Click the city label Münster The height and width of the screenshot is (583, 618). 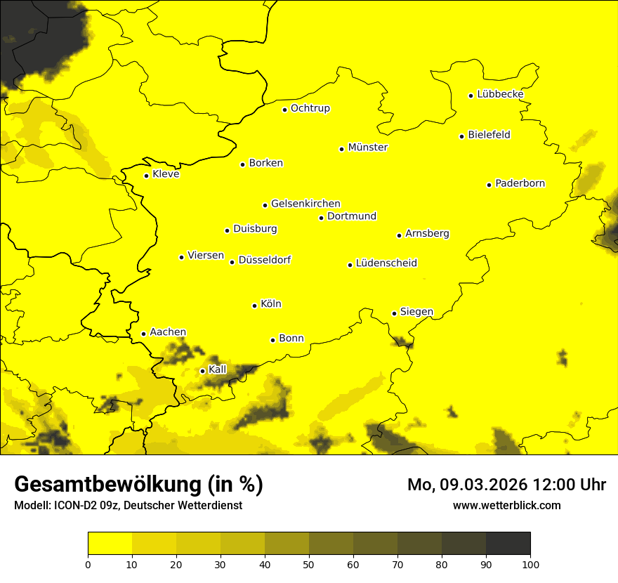tap(368, 148)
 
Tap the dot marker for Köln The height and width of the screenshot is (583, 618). tap(255, 306)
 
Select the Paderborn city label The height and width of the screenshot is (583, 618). tap(520, 183)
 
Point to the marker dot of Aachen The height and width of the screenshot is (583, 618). tap(144, 334)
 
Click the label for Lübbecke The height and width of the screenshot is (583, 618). tap(501, 94)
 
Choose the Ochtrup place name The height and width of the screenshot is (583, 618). tap(310, 108)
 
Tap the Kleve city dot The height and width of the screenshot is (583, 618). tap(147, 176)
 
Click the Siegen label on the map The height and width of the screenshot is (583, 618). tap(416, 312)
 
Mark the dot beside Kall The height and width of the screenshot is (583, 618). tap(203, 371)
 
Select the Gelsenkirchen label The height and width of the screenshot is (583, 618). tap(305, 204)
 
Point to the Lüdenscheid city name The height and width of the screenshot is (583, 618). tap(386, 263)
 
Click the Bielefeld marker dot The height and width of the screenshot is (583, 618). tap(462, 136)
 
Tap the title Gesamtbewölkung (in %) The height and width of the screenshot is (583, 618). tap(138, 485)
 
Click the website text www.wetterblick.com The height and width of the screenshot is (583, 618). tap(507, 505)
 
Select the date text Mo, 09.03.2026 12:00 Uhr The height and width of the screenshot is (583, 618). tap(506, 485)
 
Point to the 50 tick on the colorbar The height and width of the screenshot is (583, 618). tap(309, 563)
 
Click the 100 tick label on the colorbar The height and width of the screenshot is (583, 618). tap(530, 563)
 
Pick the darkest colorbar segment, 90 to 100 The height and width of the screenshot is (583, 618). tap(508, 544)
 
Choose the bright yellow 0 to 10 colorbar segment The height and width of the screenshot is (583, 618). tap(110, 544)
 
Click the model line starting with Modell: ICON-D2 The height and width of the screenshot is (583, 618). tap(128, 506)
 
